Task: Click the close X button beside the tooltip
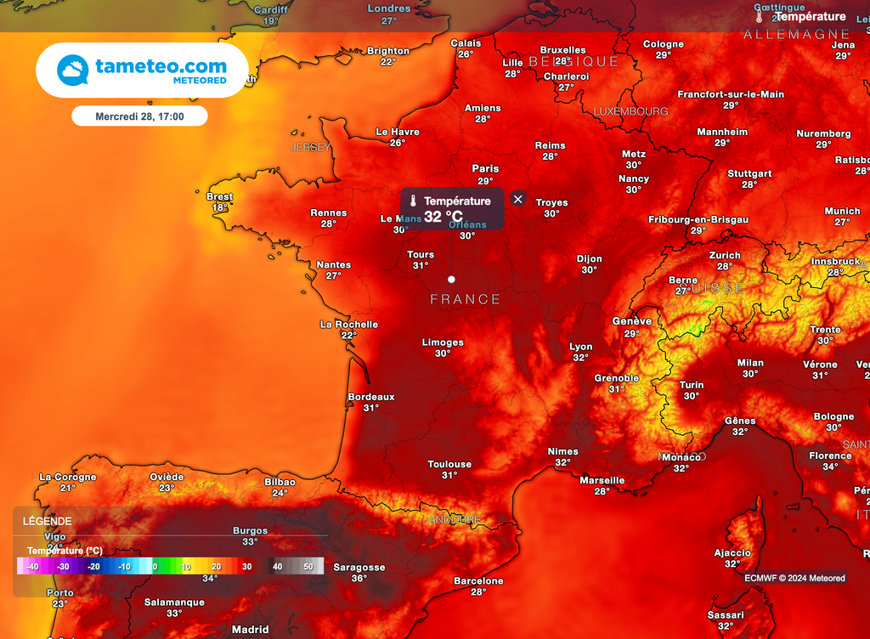pyautogui.click(x=518, y=199)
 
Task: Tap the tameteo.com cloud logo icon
pyautogui.click(x=73, y=70)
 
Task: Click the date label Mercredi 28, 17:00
pyautogui.click(x=139, y=116)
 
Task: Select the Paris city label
pyautogui.click(x=486, y=169)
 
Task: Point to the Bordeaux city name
pyautogui.click(x=371, y=397)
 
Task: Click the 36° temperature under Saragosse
pyautogui.click(x=359, y=579)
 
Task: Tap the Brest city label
pyautogui.click(x=220, y=197)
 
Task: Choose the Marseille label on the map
pyautogui.click(x=602, y=480)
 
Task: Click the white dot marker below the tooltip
pyautogui.click(x=451, y=279)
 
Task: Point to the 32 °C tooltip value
pyautogui.click(x=443, y=217)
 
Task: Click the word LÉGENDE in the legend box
pyautogui.click(x=48, y=521)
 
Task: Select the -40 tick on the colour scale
pyautogui.click(x=32, y=567)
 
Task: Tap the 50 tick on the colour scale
pyautogui.click(x=308, y=567)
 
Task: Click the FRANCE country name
pyautogui.click(x=466, y=299)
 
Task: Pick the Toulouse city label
pyautogui.click(x=449, y=464)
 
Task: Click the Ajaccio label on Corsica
pyautogui.click(x=732, y=552)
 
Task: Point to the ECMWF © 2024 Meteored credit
pyautogui.click(x=794, y=578)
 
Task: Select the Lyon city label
pyautogui.click(x=581, y=347)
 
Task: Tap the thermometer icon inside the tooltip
pyautogui.click(x=412, y=201)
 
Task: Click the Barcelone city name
pyautogui.click(x=478, y=581)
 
